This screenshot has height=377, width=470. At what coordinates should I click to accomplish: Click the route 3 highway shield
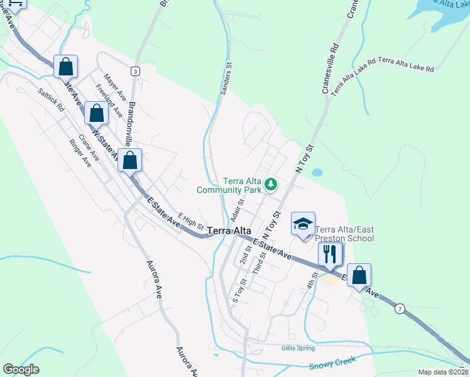135,72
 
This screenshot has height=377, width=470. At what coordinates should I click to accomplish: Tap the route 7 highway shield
400,309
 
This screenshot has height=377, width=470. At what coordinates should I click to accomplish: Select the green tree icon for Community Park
271,184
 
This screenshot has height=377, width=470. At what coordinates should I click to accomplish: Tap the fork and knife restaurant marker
330,254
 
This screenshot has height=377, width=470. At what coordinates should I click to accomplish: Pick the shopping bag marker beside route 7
359,275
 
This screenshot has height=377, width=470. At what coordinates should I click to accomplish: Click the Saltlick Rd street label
51,99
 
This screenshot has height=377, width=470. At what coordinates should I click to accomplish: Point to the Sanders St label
226,78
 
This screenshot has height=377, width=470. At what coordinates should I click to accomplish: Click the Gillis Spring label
298,347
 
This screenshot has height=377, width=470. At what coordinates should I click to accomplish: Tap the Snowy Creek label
333,363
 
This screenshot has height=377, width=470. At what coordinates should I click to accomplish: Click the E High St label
191,219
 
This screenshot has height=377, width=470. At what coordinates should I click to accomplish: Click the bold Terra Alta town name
230,231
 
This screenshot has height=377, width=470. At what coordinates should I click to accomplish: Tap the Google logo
21,369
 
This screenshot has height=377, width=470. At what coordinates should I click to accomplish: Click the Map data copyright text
443,372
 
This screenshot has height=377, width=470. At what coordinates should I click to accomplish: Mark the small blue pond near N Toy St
317,172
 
